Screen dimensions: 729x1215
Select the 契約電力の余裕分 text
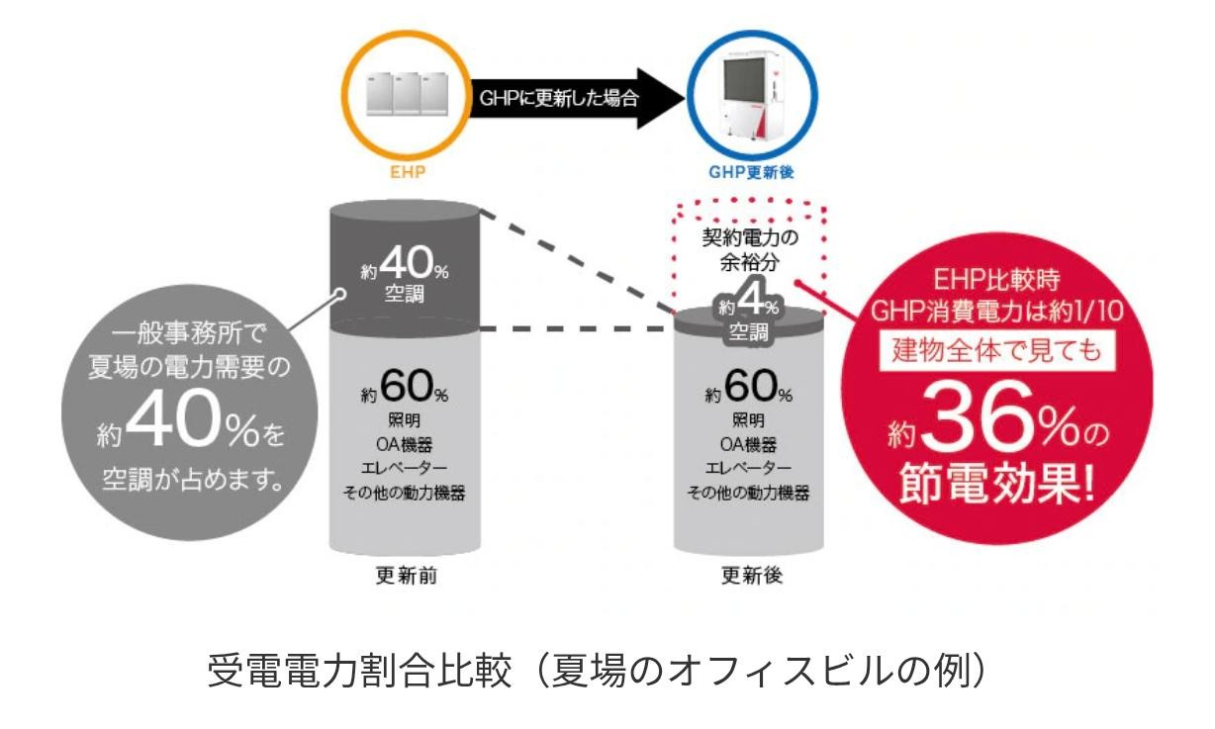click(x=748, y=252)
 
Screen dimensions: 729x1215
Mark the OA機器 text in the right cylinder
click(x=748, y=445)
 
